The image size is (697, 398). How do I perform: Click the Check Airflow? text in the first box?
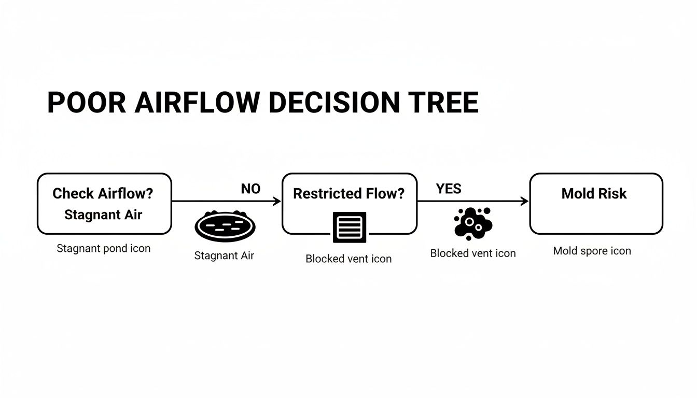[103, 194]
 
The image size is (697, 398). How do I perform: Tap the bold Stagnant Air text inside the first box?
[103, 215]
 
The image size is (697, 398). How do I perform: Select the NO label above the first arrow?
[250, 189]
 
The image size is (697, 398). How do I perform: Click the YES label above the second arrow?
[449, 189]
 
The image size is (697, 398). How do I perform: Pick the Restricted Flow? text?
[348, 194]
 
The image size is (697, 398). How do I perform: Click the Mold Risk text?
[594, 194]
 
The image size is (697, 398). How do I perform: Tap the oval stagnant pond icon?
[225, 227]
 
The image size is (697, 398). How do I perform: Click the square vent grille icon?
[349, 227]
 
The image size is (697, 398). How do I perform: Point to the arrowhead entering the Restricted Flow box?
[277, 201]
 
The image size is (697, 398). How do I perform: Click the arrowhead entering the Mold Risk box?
[525, 201]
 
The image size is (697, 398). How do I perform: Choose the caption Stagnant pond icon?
[103, 248]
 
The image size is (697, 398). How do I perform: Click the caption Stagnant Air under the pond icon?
[224, 255]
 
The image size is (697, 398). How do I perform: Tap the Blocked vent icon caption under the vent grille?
[348, 259]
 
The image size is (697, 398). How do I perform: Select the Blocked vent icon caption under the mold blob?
[473, 253]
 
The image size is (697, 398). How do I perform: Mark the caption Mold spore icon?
[592, 251]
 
